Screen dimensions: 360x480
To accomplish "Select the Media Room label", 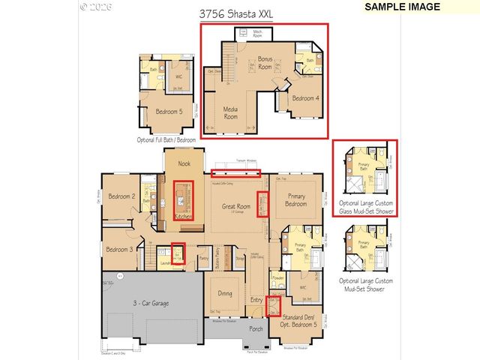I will [x=230, y=113].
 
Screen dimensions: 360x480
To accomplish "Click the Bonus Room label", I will [x=266, y=61].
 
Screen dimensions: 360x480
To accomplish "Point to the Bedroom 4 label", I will [x=304, y=98].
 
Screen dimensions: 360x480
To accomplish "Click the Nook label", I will [x=184, y=163].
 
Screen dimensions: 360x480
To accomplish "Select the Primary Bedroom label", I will [x=297, y=199].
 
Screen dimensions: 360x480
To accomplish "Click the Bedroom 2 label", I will [x=121, y=196].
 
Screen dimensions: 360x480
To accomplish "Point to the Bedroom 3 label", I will [x=119, y=249].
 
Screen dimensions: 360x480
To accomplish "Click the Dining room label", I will [x=225, y=293].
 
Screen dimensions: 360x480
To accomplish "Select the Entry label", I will [x=257, y=300].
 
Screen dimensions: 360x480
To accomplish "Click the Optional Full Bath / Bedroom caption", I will [x=166, y=139].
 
